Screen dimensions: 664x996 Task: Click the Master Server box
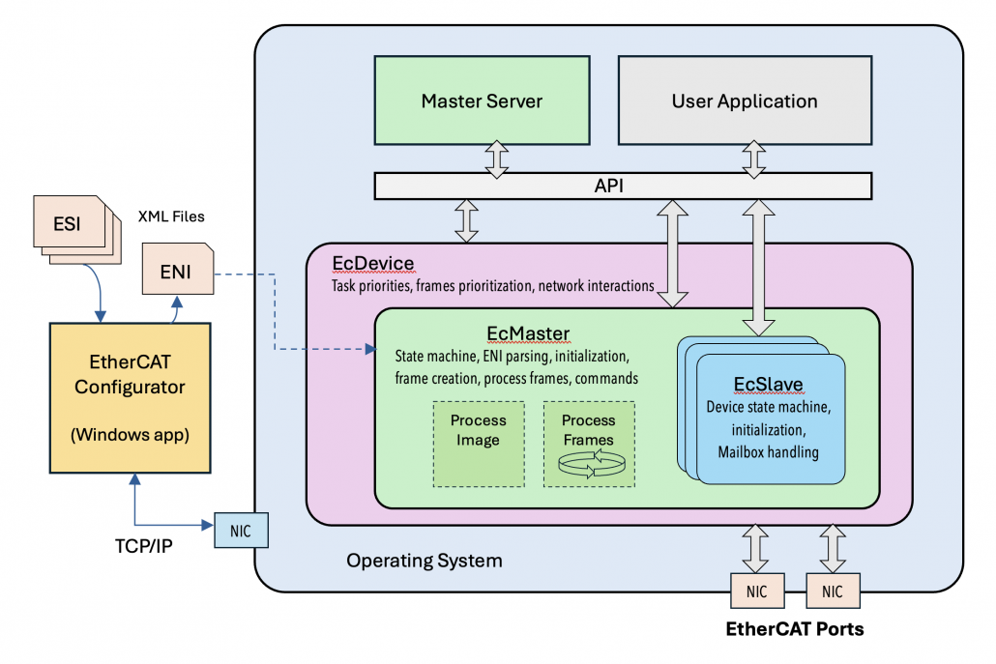(x=482, y=101)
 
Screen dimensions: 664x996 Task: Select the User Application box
(x=745, y=101)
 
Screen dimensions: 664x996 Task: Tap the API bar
(x=623, y=186)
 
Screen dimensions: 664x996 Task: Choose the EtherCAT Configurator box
(x=130, y=397)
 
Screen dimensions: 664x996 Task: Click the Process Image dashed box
(x=478, y=444)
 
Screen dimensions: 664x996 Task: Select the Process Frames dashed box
(x=588, y=444)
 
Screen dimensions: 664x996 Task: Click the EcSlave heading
(x=768, y=385)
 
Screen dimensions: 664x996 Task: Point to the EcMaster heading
(x=528, y=333)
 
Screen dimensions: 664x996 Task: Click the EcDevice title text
(x=372, y=264)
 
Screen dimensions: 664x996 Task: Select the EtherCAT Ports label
(x=795, y=629)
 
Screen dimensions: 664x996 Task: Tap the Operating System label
(x=425, y=560)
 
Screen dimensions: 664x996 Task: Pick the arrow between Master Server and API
(x=497, y=158)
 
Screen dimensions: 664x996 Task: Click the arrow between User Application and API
(x=754, y=158)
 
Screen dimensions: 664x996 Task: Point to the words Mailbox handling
(x=768, y=450)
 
